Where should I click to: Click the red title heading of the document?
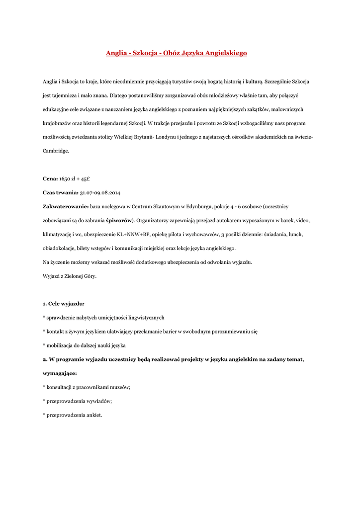pos(177,53)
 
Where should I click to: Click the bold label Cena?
pos(50,178)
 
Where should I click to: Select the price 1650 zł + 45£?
pos(74,178)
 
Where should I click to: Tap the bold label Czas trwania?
pos(61,192)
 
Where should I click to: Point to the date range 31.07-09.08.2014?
pos(100,192)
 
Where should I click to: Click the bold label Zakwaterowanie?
pos(66,206)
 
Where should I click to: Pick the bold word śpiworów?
pos(119,220)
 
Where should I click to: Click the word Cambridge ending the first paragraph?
pos(56,150)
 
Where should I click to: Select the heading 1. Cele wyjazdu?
pos(63,303)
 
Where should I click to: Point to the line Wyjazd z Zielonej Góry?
pos(70,275)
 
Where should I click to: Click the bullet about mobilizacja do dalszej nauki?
pos(84,345)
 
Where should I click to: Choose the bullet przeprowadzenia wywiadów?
pos(78,401)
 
